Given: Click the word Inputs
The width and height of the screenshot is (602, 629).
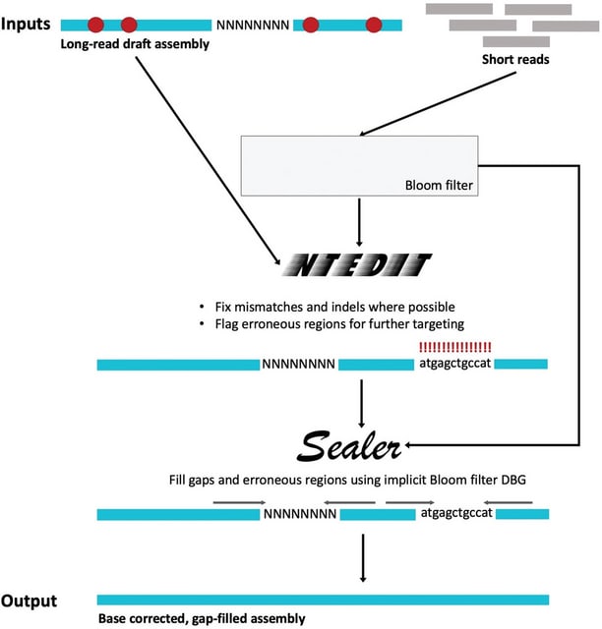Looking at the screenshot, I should pyautogui.click(x=29, y=22).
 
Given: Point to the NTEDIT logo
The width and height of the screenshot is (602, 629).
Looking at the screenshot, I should pyautogui.click(x=356, y=265).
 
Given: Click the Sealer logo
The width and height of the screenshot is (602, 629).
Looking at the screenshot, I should pyautogui.click(x=343, y=448).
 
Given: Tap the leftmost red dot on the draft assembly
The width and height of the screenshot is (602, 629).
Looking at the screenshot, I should pyautogui.click(x=96, y=24).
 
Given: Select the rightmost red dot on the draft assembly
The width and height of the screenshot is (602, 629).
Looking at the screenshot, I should pyautogui.click(x=373, y=24).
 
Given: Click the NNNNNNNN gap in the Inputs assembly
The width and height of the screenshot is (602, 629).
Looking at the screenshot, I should pyautogui.click(x=253, y=25).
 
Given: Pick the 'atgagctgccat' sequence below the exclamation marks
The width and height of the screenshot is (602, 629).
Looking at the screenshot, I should pyautogui.click(x=454, y=364).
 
